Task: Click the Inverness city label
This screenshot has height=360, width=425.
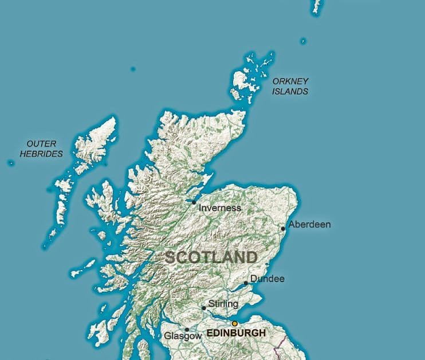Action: (x=219, y=208)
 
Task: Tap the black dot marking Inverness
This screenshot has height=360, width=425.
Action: (x=194, y=202)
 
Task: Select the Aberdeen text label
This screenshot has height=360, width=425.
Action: (x=310, y=224)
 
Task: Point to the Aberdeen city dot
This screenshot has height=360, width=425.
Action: (x=284, y=229)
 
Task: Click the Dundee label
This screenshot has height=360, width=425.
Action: (x=267, y=279)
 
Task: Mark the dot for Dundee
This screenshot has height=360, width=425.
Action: (x=246, y=283)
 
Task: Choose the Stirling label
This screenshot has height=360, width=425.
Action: (x=223, y=303)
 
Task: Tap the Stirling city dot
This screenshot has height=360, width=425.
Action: (x=204, y=308)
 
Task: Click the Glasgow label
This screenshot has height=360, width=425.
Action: (x=183, y=336)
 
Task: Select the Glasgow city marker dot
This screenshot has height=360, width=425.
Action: (x=187, y=330)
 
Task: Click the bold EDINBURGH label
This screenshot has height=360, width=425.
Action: (x=236, y=333)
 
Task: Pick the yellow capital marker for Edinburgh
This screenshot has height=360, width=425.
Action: (x=234, y=323)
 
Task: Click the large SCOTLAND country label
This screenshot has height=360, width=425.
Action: (x=211, y=257)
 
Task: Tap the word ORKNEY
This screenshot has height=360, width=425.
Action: (x=290, y=81)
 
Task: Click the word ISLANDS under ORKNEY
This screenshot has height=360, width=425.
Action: (x=290, y=91)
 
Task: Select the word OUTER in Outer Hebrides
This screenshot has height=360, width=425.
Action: (x=41, y=143)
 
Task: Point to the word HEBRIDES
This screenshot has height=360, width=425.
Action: (x=41, y=154)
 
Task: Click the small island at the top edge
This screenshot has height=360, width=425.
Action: (x=317, y=6)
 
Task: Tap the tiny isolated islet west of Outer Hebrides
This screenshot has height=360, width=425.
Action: (x=10, y=163)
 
